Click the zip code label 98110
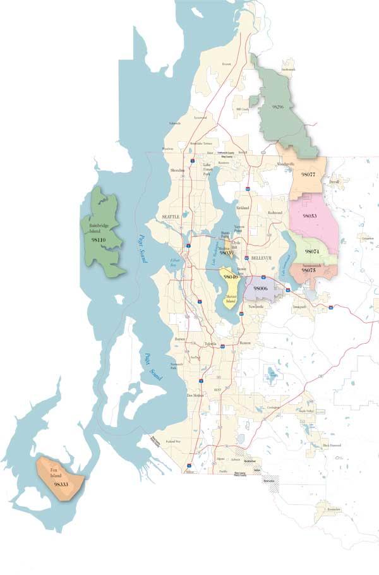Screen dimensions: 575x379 pyautogui.click(x=98, y=241)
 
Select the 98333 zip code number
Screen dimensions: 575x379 pyautogui.click(x=61, y=484)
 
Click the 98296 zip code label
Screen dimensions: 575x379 pyautogui.click(x=277, y=107)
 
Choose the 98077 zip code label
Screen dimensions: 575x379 pyautogui.click(x=308, y=173)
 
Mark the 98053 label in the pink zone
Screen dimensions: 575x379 pyautogui.click(x=310, y=216)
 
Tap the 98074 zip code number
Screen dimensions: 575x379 pyautogui.click(x=311, y=251)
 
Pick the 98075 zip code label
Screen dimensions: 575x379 pyautogui.click(x=308, y=270)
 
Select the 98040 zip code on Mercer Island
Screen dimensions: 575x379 pyautogui.click(x=230, y=277)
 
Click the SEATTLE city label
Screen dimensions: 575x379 pyautogui.click(x=171, y=217)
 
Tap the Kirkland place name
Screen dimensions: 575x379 pyautogui.click(x=243, y=208)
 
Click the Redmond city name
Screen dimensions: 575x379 pyautogui.click(x=274, y=213)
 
